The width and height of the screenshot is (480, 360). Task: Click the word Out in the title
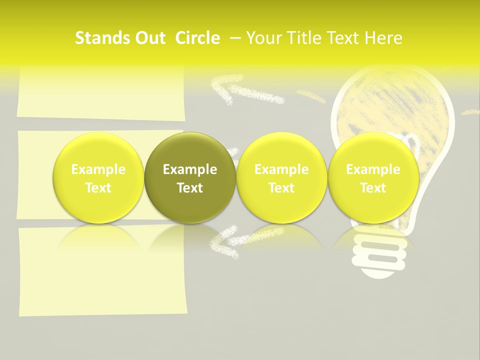point(148,38)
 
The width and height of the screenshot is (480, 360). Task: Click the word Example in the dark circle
point(190,169)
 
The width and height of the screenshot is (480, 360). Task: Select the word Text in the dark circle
point(190,188)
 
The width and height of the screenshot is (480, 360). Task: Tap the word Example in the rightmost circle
point(373,169)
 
